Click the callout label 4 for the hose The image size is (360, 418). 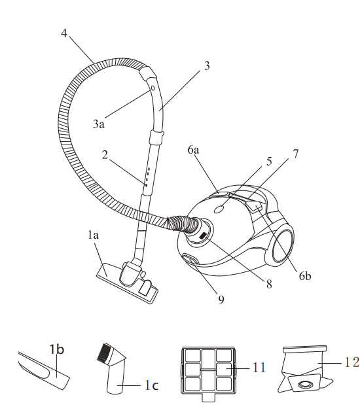64,33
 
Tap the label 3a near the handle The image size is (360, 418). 99,124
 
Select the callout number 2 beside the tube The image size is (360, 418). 105,154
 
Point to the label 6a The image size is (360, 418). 193,150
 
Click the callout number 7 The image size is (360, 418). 295,154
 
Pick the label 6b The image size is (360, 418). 305,276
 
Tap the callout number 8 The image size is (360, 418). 269,285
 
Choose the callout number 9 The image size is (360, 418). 221,300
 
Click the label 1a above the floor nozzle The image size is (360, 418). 93,235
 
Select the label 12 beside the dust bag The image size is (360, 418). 351,362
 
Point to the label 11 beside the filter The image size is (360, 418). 259,368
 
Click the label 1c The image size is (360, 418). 151,385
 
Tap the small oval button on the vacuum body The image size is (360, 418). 219,209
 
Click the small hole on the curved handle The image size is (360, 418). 153,88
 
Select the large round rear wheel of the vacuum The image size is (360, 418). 283,245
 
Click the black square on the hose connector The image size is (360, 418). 203,236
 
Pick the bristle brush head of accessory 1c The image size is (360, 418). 103,352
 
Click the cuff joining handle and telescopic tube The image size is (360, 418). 156,137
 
